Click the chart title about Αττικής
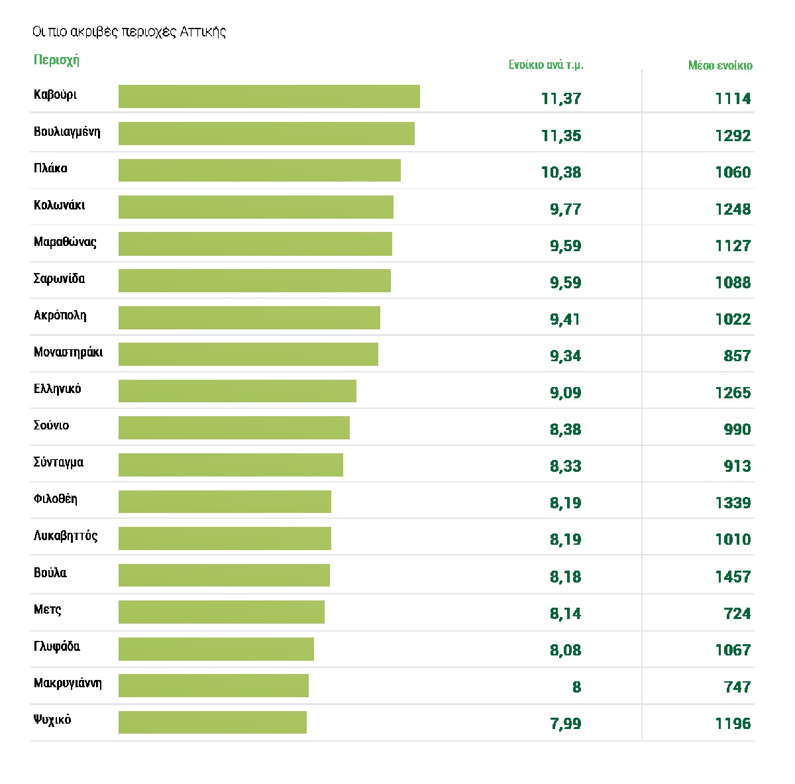point(129,32)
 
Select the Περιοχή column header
point(56,60)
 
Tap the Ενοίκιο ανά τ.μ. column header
point(546,65)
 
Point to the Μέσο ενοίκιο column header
point(720,65)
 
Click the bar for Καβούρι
point(269,96)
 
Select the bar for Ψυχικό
point(213,722)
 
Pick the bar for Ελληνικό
point(237,391)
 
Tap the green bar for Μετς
point(221,612)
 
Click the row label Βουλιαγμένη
point(67,131)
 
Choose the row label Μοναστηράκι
point(68,353)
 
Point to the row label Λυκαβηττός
point(66,536)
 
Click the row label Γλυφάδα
point(57,646)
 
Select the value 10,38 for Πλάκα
point(561,172)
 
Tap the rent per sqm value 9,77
point(566,209)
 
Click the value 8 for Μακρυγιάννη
point(576,687)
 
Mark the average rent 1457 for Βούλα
point(733,577)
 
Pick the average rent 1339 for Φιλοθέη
point(733,503)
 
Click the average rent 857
point(737,356)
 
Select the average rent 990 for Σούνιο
point(737,429)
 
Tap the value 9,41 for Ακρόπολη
point(566,319)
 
